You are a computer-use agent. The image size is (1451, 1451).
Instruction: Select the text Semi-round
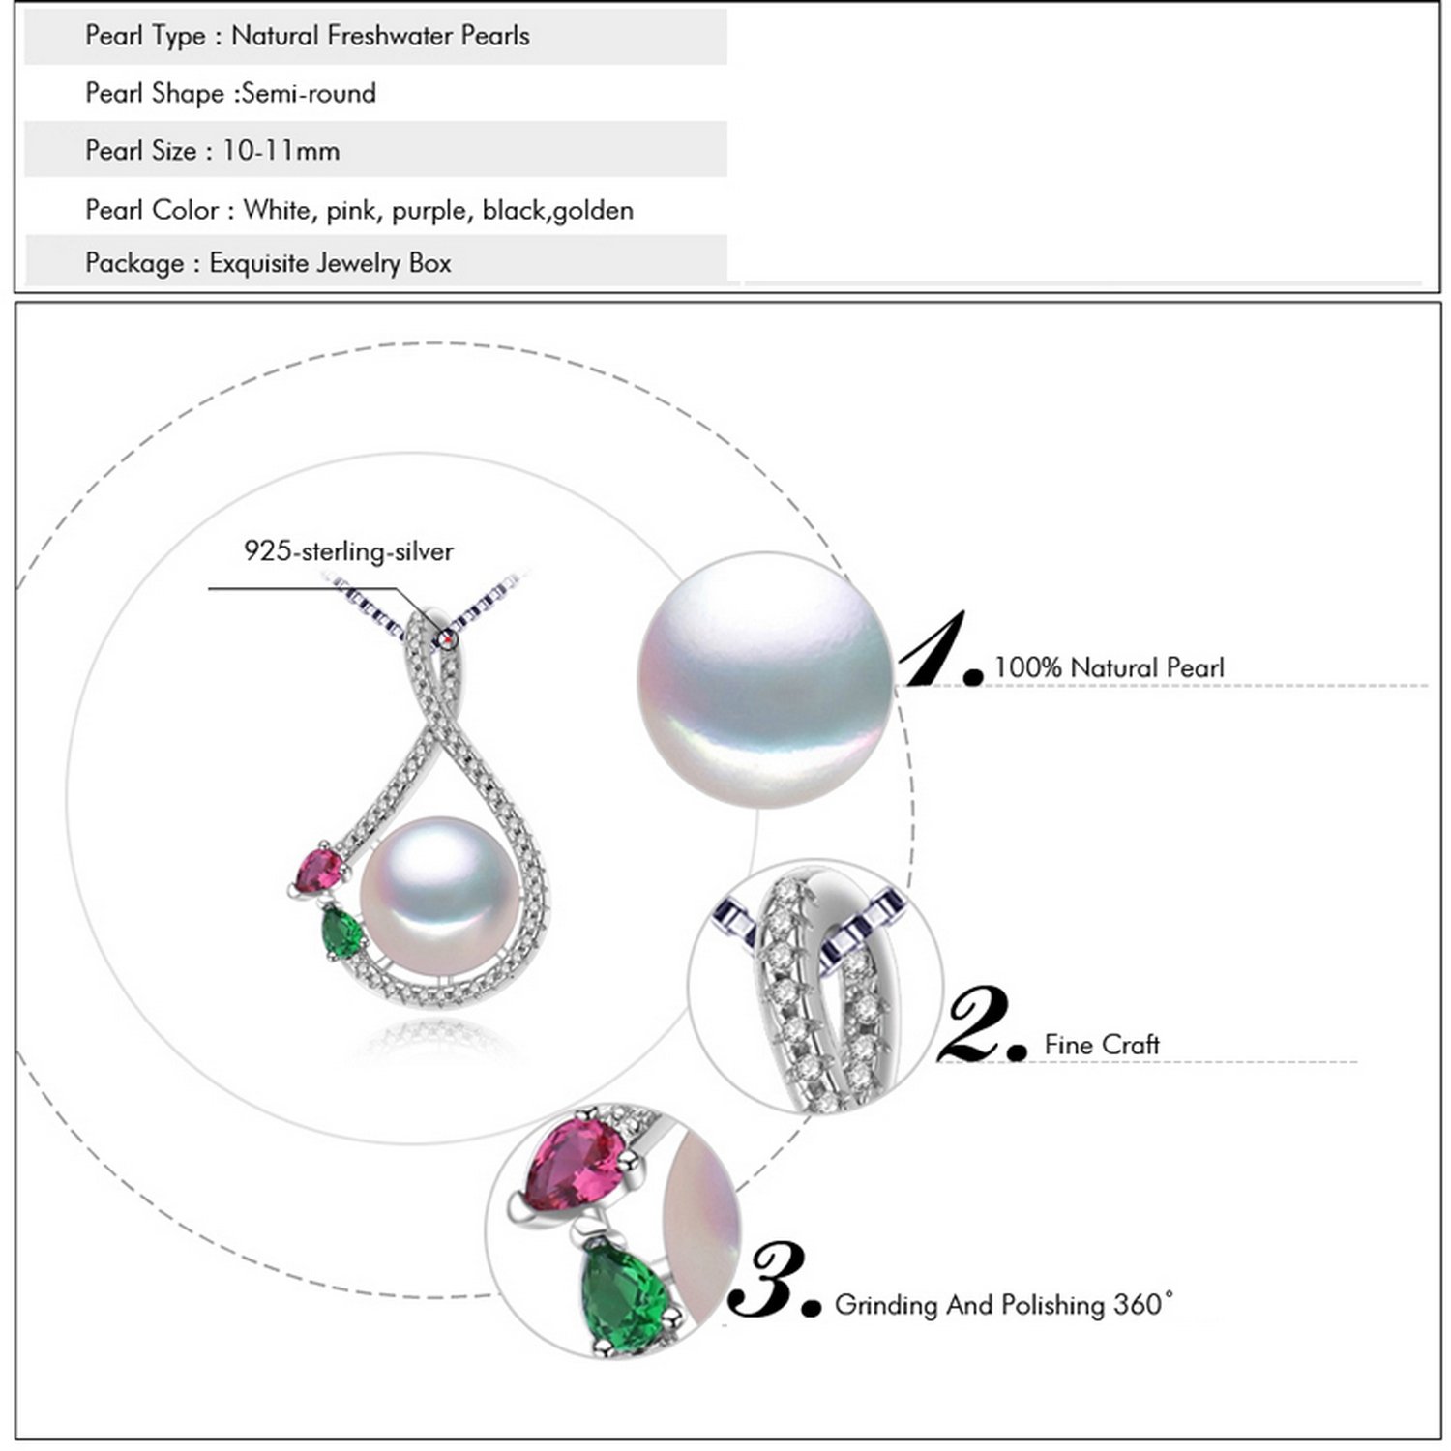click(309, 94)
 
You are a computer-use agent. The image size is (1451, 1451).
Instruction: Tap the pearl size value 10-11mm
click(281, 151)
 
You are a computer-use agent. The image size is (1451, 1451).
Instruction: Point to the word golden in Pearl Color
click(593, 210)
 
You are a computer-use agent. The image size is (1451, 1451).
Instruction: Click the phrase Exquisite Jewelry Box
click(330, 263)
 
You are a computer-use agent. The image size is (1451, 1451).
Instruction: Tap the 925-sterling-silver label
click(348, 551)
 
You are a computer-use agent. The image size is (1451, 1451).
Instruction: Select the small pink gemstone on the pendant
click(318, 872)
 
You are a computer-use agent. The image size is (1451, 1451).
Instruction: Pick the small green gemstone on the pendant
click(341, 931)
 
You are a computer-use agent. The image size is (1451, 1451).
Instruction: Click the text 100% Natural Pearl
click(1109, 667)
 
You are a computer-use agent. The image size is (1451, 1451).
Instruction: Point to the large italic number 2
click(979, 1025)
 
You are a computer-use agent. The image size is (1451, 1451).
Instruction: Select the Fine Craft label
click(1102, 1045)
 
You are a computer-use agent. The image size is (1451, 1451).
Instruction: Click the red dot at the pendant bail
click(447, 637)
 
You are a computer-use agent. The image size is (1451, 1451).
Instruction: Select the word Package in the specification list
click(134, 263)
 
